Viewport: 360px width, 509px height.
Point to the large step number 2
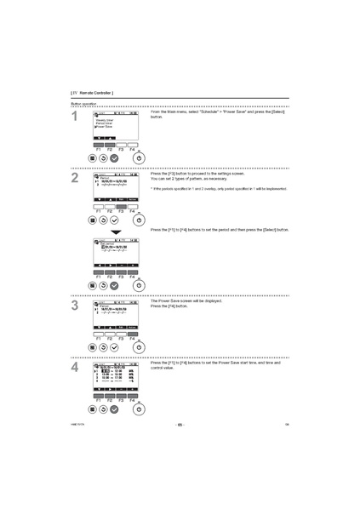75,178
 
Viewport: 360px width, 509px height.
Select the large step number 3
75,305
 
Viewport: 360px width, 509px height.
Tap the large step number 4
75,367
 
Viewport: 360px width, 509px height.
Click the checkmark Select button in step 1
114,157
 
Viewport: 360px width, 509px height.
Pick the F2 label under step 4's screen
110,399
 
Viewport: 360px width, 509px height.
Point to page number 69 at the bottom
180,423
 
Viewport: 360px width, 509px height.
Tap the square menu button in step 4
92,409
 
